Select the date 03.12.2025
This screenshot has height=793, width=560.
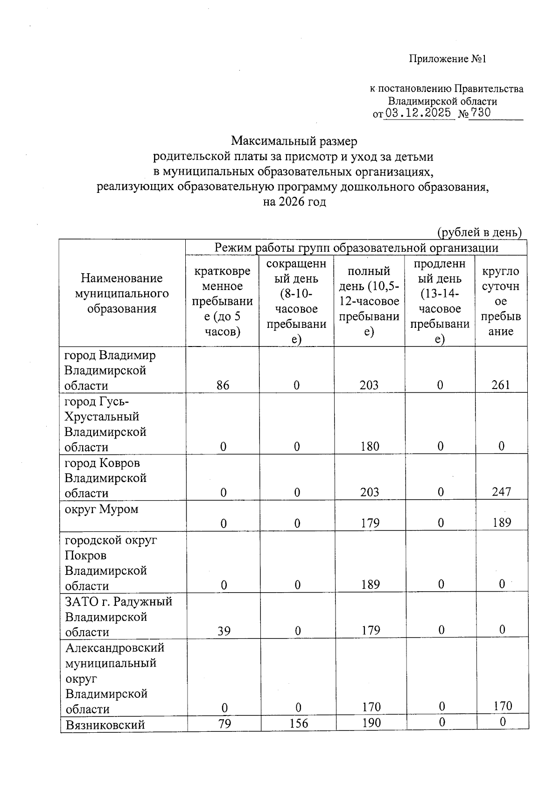(x=418, y=113)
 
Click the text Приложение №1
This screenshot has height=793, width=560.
(x=448, y=59)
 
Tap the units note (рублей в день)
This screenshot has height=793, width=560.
(x=479, y=232)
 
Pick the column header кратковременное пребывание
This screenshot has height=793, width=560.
(x=222, y=301)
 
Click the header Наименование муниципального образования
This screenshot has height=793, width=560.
(x=122, y=293)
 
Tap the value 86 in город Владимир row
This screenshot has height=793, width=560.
(x=223, y=385)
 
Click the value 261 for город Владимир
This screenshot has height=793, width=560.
(x=501, y=385)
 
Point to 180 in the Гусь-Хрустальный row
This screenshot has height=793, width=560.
(x=370, y=446)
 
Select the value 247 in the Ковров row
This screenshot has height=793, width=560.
(x=501, y=492)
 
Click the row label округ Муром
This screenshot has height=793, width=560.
(x=101, y=509)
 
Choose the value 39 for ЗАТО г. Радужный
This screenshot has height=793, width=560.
(x=224, y=631)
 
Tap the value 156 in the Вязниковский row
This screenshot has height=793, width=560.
(x=299, y=723)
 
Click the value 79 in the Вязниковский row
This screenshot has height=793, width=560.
(x=225, y=723)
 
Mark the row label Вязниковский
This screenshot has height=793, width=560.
(x=105, y=725)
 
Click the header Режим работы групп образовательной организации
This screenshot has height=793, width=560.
(x=356, y=248)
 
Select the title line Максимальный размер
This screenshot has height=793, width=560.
(x=294, y=141)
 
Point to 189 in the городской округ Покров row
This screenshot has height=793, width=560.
(x=370, y=585)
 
